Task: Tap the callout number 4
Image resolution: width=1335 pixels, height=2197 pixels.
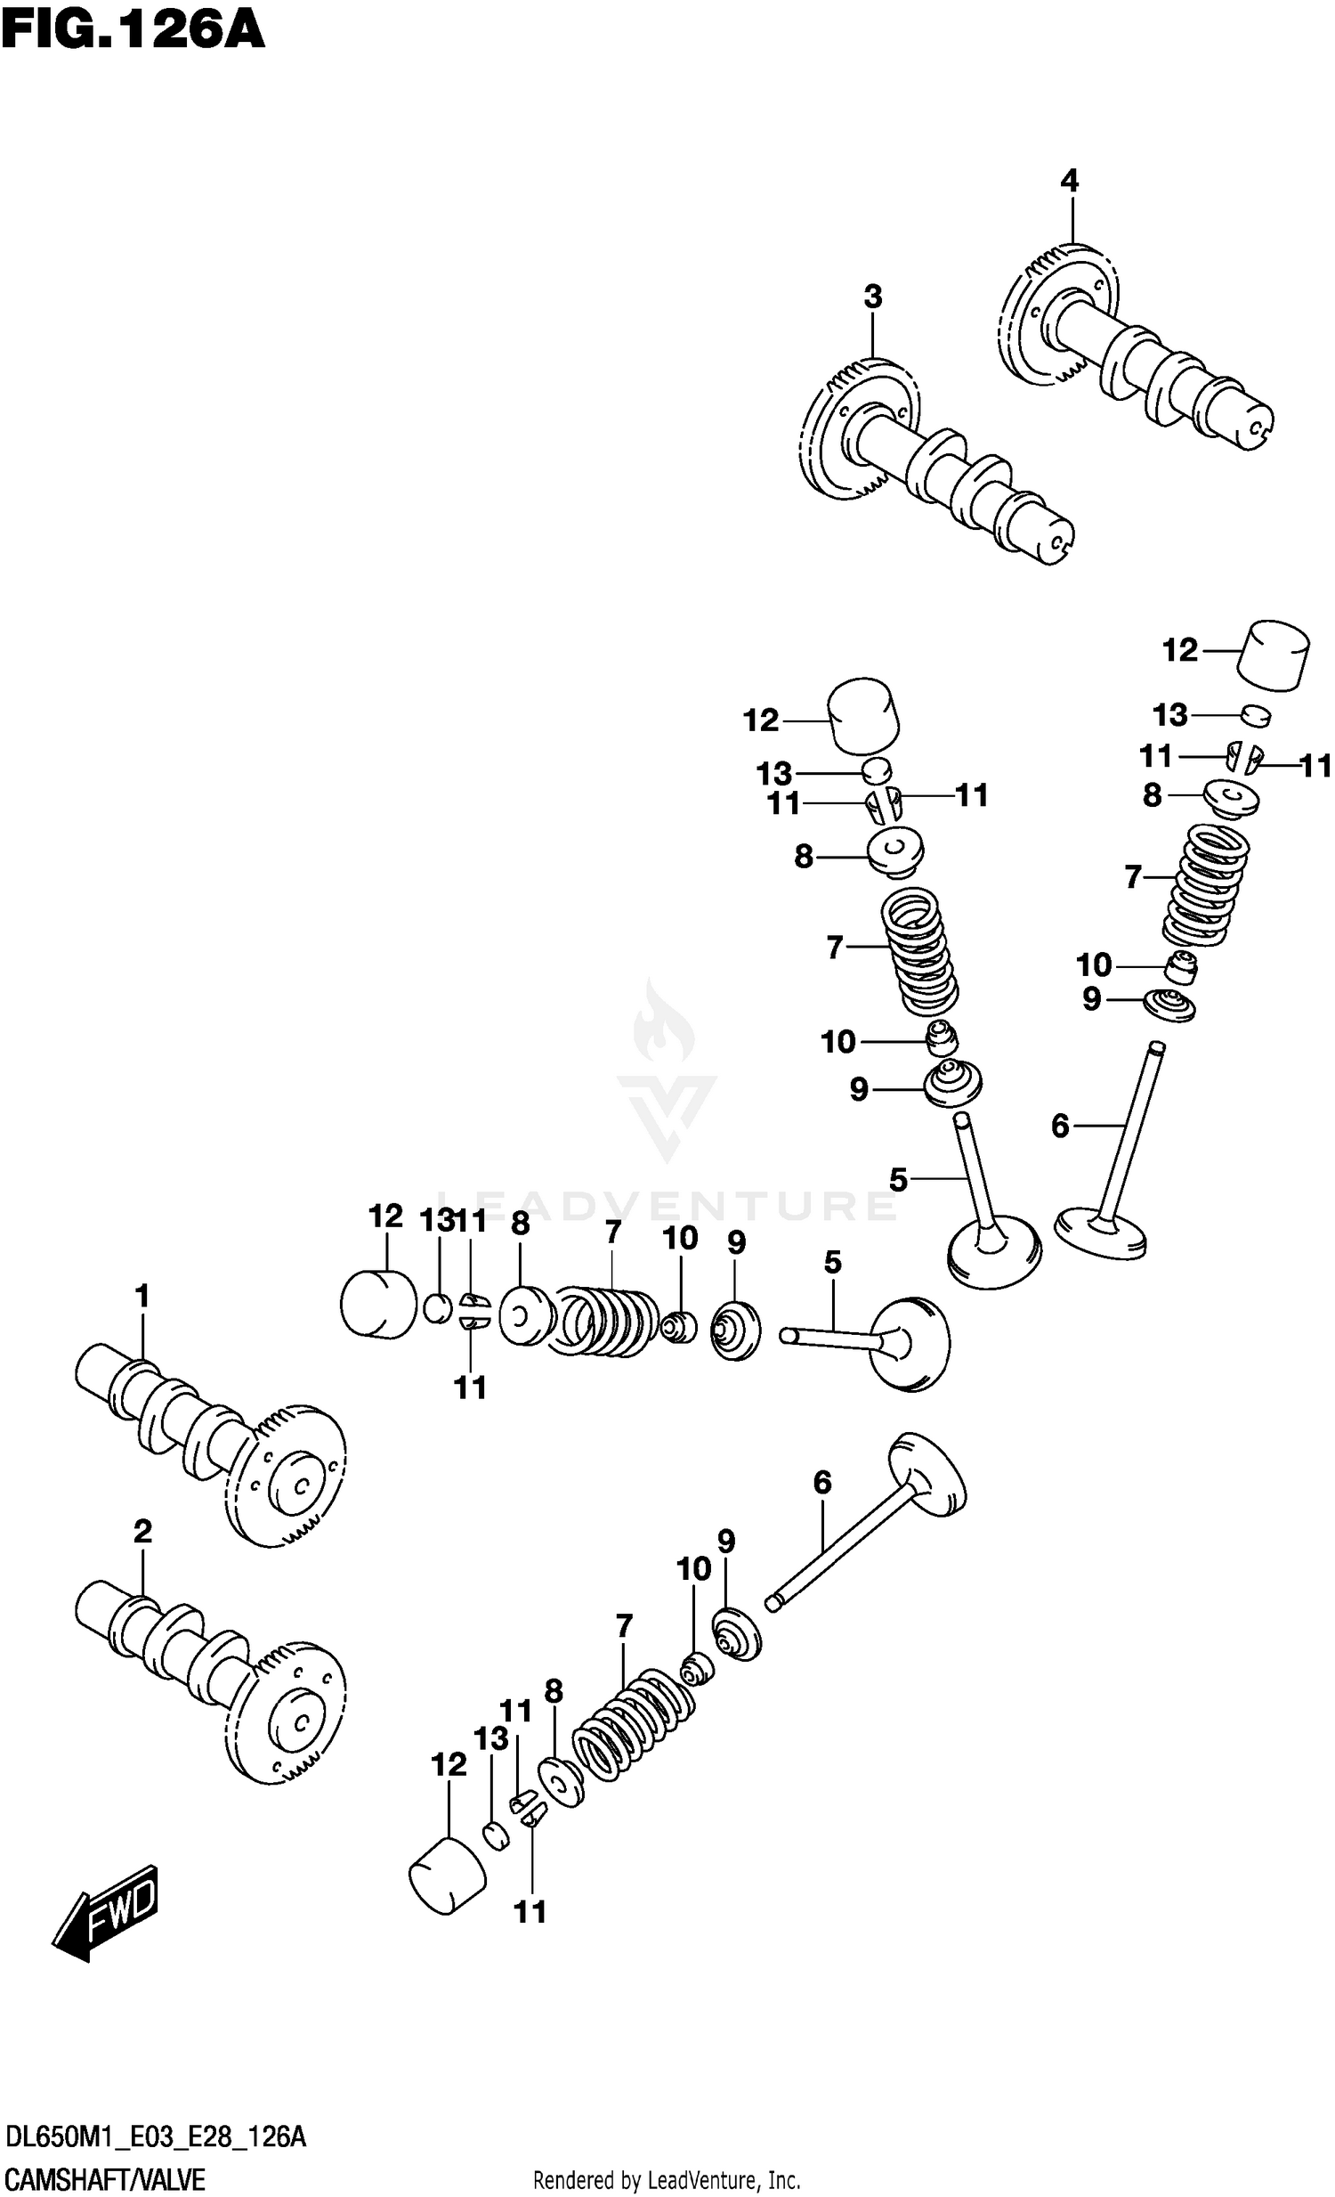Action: click(1069, 181)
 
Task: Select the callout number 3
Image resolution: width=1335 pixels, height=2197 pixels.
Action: click(872, 297)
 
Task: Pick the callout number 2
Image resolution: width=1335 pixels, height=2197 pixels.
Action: click(142, 1532)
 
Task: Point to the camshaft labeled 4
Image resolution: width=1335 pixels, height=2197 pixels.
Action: click(1141, 356)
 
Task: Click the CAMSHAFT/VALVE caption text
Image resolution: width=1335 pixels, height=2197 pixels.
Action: click(105, 2180)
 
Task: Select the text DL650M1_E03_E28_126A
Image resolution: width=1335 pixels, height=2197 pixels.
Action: click(156, 2137)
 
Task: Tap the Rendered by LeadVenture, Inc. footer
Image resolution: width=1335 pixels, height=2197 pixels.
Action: click(667, 2181)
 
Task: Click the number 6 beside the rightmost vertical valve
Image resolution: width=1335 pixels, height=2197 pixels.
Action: click(1060, 1127)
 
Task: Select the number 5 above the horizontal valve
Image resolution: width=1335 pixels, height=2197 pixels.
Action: click(832, 1262)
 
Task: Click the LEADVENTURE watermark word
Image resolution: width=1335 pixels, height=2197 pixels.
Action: click(667, 1206)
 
